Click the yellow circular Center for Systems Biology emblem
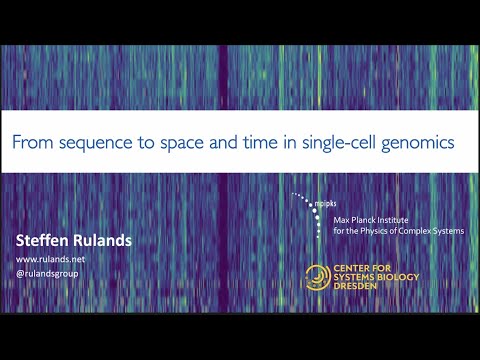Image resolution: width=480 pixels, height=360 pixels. click(318, 277)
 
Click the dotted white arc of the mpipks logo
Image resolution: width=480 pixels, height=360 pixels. click(311, 204)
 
